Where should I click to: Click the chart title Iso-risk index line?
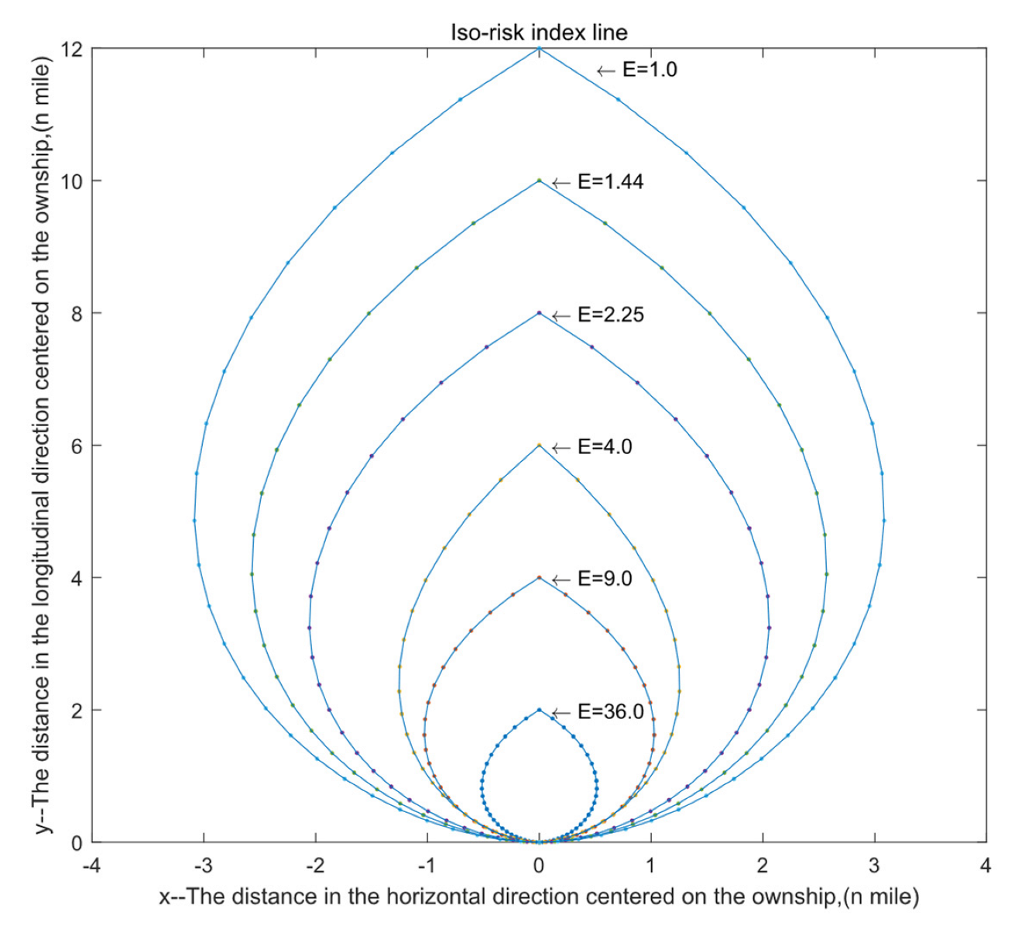tap(539, 32)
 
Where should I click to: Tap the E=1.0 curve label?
tap(650, 70)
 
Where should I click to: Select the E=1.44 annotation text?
tap(611, 182)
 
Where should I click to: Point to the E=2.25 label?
tap(611, 315)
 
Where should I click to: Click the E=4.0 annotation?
tap(605, 447)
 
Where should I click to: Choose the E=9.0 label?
tap(605, 579)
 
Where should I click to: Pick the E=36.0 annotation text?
tap(611, 711)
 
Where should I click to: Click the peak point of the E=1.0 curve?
tap(540, 49)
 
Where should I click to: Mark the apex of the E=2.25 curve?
tap(540, 313)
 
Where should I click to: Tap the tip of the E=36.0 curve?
tap(540, 710)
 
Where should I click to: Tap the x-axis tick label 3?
tap(874, 864)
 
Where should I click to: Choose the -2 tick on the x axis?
tap(314, 864)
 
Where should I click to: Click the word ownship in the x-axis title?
tap(795, 897)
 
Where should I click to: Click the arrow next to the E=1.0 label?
tap(606, 71)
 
